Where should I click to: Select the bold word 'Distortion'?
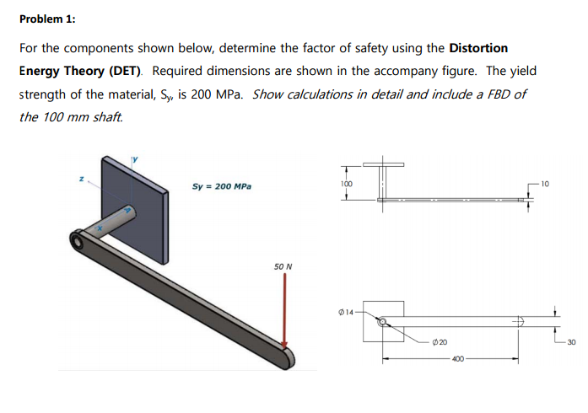tap(479, 48)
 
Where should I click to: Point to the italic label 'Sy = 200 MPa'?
tap(222, 185)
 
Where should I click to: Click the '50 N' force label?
tap(283, 267)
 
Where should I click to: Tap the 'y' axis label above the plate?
tap(132, 155)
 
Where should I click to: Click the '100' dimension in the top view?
tap(346, 183)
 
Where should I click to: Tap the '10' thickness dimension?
tap(544, 183)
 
